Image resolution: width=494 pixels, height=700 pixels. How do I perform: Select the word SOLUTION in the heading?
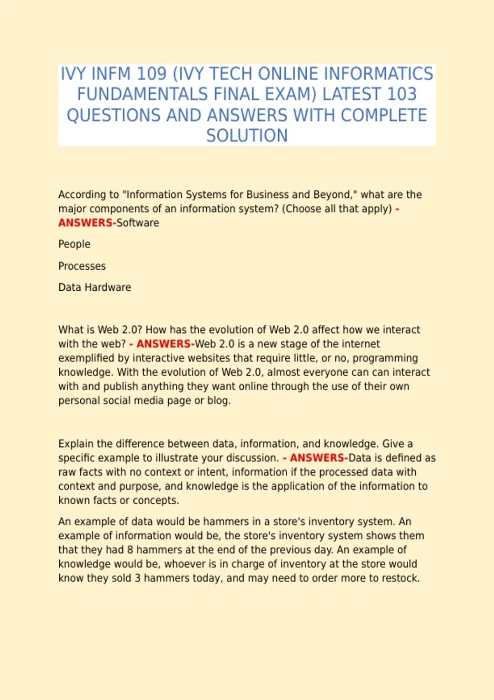(x=247, y=136)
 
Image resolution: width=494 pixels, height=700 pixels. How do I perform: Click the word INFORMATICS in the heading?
(x=379, y=74)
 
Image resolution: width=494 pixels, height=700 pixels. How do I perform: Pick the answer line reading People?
(x=74, y=244)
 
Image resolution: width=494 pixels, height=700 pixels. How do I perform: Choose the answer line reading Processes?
(x=82, y=266)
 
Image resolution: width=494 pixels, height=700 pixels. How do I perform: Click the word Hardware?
(x=107, y=287)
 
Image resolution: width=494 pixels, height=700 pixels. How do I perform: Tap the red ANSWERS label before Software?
(x=86, y=223)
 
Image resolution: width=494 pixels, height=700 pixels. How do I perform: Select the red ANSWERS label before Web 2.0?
(x=163, y=344)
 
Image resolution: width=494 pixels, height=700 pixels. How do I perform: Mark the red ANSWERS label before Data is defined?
(x=317, y=458)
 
